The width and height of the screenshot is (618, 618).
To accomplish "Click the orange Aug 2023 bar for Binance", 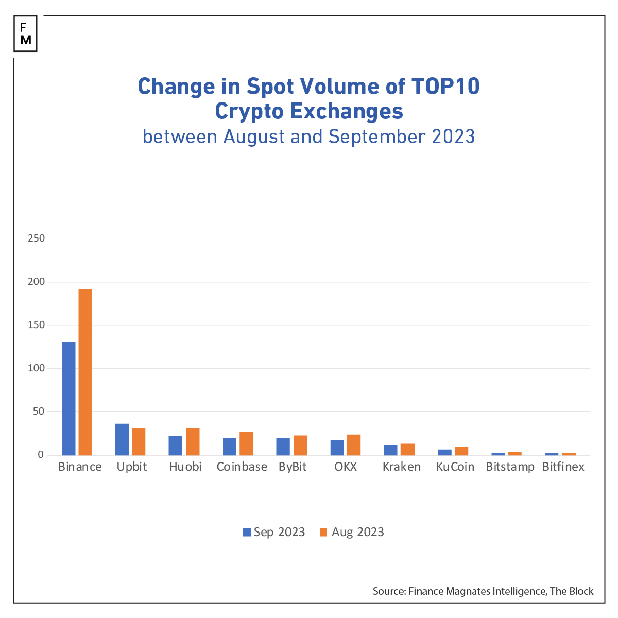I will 85,372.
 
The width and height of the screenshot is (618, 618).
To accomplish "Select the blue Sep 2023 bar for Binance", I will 68,399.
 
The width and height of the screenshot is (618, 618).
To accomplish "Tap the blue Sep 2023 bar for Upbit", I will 122,439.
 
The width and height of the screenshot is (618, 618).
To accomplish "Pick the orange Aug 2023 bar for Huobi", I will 193,441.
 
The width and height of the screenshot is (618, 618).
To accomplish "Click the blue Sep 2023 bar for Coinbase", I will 230,447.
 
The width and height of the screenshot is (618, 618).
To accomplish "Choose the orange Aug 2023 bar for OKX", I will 354,444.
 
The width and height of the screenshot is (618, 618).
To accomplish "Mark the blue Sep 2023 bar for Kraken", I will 390,450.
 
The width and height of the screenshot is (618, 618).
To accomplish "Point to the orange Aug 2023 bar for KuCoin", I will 461,451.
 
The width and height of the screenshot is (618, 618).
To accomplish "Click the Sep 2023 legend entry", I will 274,532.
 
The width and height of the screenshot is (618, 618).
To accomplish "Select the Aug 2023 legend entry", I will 352,532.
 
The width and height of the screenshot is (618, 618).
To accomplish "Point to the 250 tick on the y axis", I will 37,238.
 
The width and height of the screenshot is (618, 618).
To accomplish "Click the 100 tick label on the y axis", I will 37,368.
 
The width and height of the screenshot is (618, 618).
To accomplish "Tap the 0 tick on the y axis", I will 40,455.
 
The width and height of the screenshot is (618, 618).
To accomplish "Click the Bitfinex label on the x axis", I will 563,467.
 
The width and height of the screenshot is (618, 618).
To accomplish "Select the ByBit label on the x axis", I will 293,467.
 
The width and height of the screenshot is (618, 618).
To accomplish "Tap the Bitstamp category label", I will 510,467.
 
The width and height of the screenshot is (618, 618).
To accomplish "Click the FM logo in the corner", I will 26,34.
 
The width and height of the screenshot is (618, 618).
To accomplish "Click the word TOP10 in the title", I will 445,87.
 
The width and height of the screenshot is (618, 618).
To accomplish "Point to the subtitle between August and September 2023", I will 308,136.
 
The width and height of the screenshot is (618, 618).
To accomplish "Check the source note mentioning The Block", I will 483,591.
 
